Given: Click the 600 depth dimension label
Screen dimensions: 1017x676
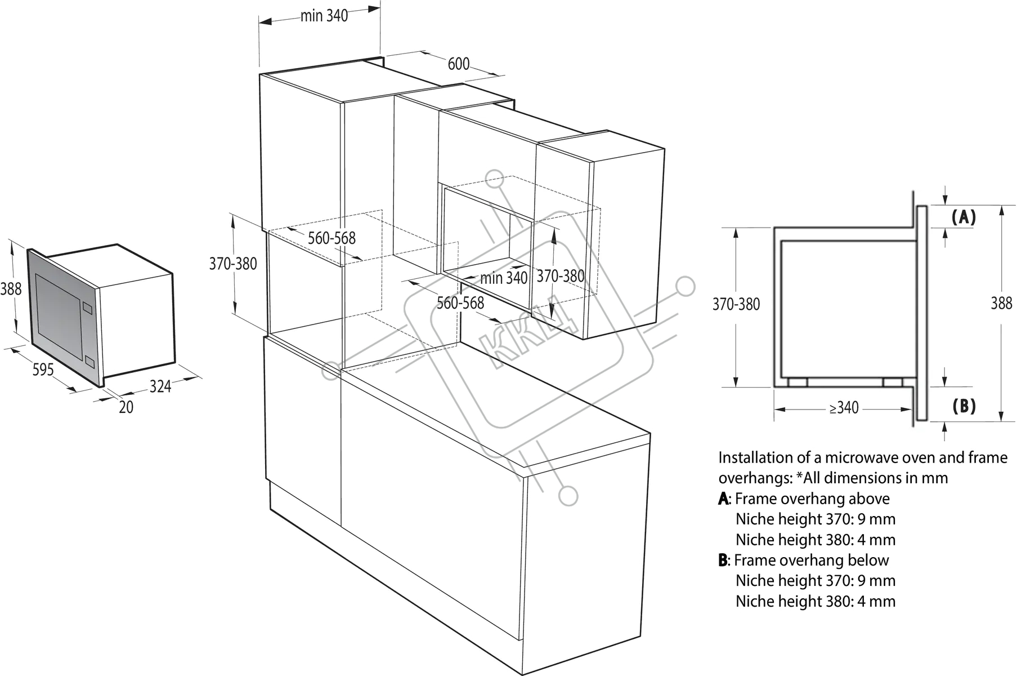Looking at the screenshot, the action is [x=459, y=64].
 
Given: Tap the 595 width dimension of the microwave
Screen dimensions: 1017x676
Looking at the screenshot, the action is [x=43, y=370].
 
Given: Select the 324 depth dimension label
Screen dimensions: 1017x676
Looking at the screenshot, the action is [x=160, y=386].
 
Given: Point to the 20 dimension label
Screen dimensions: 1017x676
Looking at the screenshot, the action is [x=126, y=407].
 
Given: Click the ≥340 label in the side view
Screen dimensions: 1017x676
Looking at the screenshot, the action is [x=844, y=407].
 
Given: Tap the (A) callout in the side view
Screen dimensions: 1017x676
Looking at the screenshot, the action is [x=964, y=217].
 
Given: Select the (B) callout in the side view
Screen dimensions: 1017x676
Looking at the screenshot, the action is [x=964, y=406].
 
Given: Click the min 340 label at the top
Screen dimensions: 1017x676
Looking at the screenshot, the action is [x=324, y=16].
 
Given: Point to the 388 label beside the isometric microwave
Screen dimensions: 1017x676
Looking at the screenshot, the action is [x=11, y=289].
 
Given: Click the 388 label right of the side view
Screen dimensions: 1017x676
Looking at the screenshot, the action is [x=1001, y=304].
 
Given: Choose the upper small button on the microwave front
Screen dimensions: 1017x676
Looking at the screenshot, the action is [x=87, y=308].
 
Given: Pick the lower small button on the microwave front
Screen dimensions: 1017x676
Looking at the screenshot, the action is [x=89, y=362].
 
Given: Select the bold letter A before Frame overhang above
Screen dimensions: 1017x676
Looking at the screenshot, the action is [x=723, y=499].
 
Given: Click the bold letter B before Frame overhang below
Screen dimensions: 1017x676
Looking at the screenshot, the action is [x=723, y=560].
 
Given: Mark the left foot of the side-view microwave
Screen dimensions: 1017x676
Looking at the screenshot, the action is [x=798, y=383].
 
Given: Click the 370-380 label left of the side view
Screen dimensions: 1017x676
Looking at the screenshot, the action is [x=736, y=304].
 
